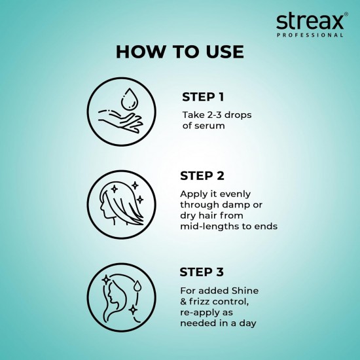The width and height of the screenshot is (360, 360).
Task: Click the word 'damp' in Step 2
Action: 233,205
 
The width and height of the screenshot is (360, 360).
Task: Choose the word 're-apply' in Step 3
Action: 200,312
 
